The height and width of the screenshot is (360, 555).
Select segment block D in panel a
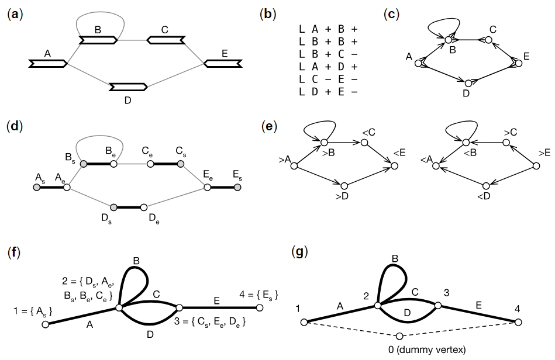tap(128, 87)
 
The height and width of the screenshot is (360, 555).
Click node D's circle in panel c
tap(466, 83)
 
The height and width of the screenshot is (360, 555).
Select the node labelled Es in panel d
tap(237, 188)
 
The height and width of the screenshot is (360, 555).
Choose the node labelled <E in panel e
tap(395, 167)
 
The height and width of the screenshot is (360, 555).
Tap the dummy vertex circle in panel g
tap(399, 336)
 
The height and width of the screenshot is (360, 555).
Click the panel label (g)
tap(299, 252)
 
